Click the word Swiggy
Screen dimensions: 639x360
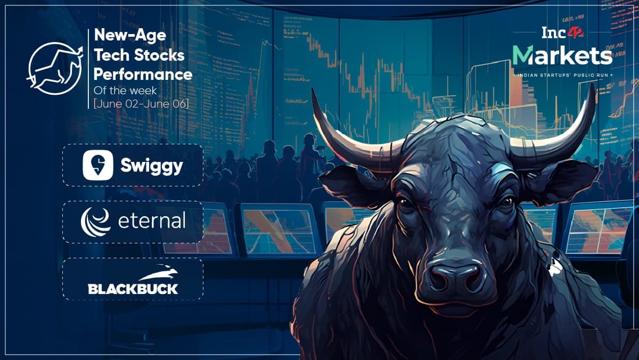[151, 166]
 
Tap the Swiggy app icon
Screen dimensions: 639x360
[98, 165]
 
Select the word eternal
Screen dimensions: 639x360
[152, 220]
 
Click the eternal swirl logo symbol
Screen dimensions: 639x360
[95, 222]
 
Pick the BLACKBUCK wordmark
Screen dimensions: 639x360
[133, 289]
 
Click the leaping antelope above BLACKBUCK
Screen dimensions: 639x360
[159, 273]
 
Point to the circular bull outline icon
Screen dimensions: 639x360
[55, 69]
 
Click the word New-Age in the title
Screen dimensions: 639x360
[130, 36]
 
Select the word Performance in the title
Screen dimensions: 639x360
[143, 75]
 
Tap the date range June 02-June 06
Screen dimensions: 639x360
[141, 103]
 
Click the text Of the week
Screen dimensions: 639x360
[125, 91]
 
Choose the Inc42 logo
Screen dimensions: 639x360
[562, 33]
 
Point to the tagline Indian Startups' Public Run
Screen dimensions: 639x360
[562, 75]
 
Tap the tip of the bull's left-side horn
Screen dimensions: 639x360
[312, 88]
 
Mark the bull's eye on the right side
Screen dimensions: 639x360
[506, 201]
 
